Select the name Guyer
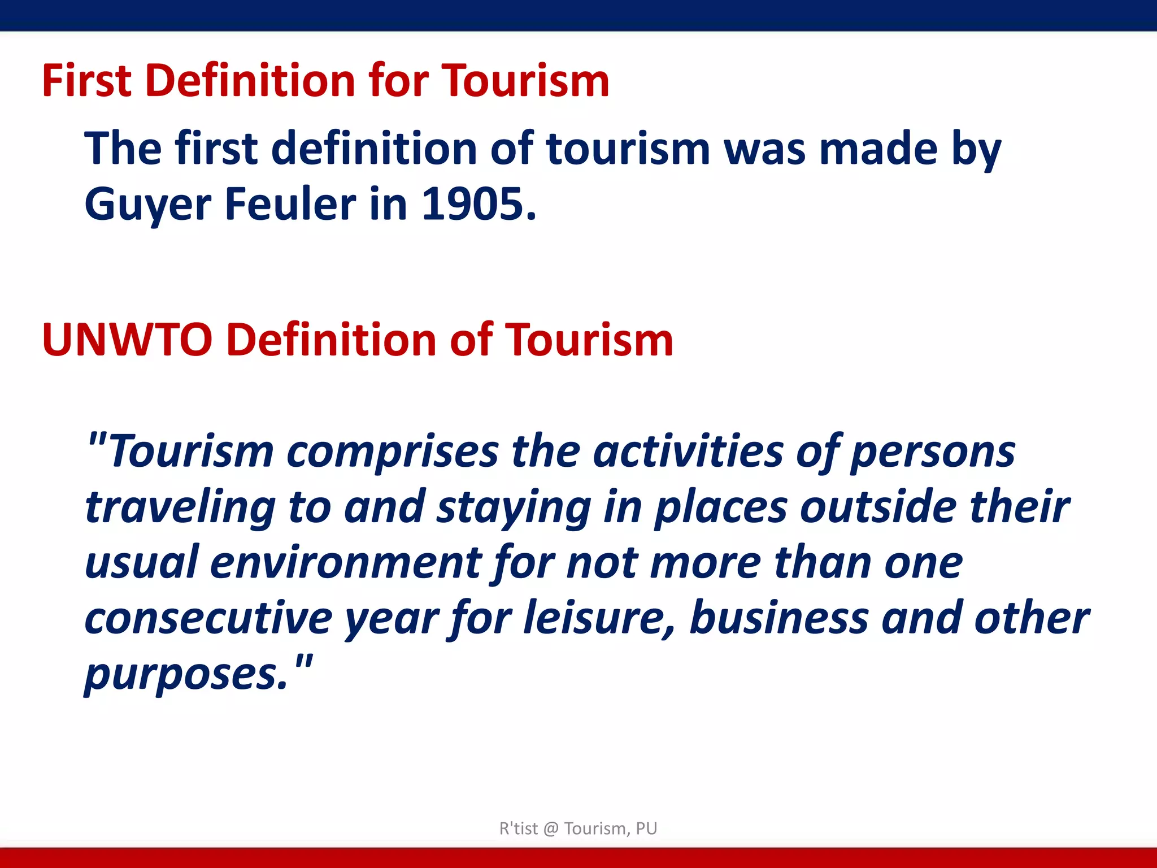pos(147,205)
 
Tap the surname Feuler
pos(290,204)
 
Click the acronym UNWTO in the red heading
pos(127,340)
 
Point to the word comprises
pos(393,452)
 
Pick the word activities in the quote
pos(688,452)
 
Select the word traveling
pos(180,507)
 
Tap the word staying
pos(514,507)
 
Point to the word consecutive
pos(208,618)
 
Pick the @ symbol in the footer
pos(551,828)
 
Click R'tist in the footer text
pos(519,828)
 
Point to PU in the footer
pos(646,828)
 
